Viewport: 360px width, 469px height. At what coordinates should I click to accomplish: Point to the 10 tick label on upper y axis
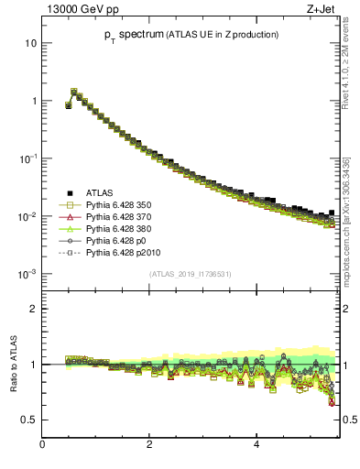[x=31, y=43]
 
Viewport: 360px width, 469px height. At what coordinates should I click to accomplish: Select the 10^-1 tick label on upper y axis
[x=28, y=158]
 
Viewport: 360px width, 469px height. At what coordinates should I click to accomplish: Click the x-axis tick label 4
[x=256, y=446]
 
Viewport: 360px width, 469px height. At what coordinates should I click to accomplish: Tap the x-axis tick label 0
[x=43, y=446]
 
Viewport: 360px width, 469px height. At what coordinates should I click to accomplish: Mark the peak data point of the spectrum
[x=74, y=92]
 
